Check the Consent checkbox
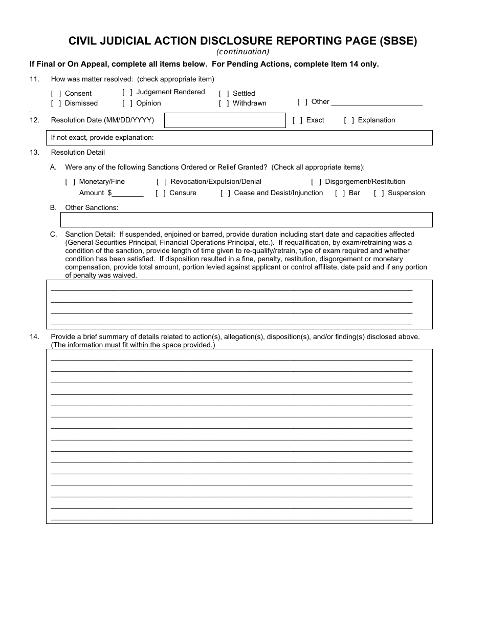coord(56,94)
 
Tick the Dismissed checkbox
coord(56,103)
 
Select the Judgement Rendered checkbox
coord(127,92)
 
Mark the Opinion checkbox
coord(127,103)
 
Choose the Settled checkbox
coord(224,94)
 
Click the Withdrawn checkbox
coord(224,103)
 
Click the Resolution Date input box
coord(225,120)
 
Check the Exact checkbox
coord(298,120)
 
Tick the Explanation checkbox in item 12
coord(349,120)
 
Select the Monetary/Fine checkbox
coord(71,182)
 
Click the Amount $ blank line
coord(128,194)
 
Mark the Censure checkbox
coord(161,193)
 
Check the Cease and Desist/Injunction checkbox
coord(225,193)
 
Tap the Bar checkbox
coord(340,193)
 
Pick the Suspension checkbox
coord(379,193)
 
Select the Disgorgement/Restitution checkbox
coord(316,182)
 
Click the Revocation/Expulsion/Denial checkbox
coord(162,182)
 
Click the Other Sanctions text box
coord(246,220)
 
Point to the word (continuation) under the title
coord(242,52)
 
